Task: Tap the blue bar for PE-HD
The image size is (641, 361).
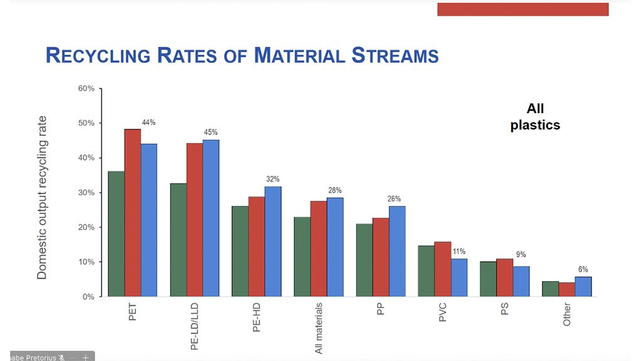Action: point(273,241)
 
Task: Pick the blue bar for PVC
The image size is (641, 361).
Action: point(459,277)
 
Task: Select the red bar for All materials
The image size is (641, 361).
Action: point(319,249)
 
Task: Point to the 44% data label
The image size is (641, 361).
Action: point(149,123)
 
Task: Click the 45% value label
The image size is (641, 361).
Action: point(211,132)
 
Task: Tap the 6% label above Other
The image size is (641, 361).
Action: point(583,269)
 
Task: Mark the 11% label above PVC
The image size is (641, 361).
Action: point(459,251)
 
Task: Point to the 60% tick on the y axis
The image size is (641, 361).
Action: point(86,89)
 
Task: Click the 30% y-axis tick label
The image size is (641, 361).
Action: point(86,193)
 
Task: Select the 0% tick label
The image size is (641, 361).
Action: point(88,296)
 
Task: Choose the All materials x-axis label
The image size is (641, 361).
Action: point(319,328)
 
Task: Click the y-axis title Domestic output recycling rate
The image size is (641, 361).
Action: point(42,197)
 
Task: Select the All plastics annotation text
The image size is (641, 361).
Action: point(535,117)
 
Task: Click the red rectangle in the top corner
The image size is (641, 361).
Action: point(522,9)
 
